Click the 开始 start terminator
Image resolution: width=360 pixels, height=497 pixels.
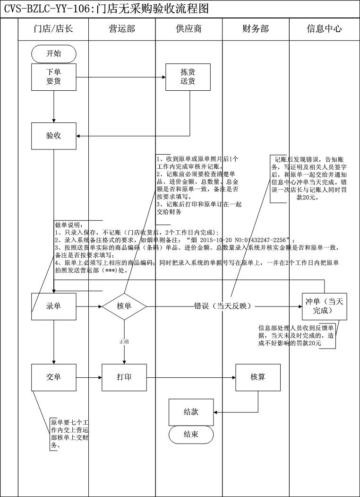tap(53, 53)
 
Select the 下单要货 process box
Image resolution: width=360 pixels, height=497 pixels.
tap(53, 77)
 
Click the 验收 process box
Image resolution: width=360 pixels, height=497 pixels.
tap(53, 136)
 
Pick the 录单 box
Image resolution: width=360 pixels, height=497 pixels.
tap(53, 306)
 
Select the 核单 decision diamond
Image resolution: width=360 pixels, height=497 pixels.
tap(124, 306)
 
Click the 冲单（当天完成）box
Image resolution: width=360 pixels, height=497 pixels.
tap(324, 306)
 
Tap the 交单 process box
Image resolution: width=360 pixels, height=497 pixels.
tap(53, 377)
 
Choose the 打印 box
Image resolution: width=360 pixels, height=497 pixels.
tap(124, 377)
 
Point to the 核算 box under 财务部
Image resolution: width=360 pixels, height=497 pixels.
tap(258, 377)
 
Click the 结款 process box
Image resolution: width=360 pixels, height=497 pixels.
tap(191, 411)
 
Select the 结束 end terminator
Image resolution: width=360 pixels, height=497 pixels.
tap(191, 435)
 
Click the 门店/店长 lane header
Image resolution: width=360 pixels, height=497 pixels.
tap(53, 29)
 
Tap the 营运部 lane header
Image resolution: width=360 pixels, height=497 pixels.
tap(121, 29)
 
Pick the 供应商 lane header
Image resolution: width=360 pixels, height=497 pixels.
tap(189, 29)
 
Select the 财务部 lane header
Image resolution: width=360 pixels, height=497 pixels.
tap(256, 29)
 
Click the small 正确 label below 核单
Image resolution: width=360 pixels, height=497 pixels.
tap(124, 341)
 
